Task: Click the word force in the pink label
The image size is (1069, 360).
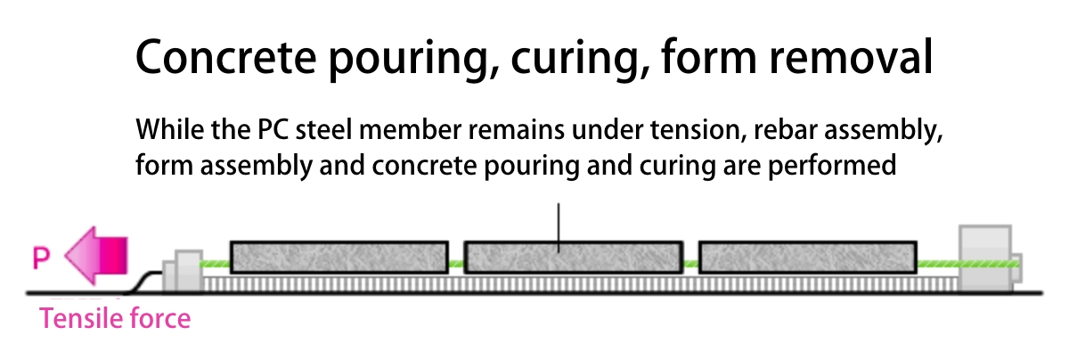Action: pos(160,318)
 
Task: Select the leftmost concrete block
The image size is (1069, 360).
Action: pos(339,257)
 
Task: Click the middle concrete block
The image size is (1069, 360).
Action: pos(573,257)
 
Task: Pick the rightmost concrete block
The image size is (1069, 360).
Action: pos(807,257)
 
